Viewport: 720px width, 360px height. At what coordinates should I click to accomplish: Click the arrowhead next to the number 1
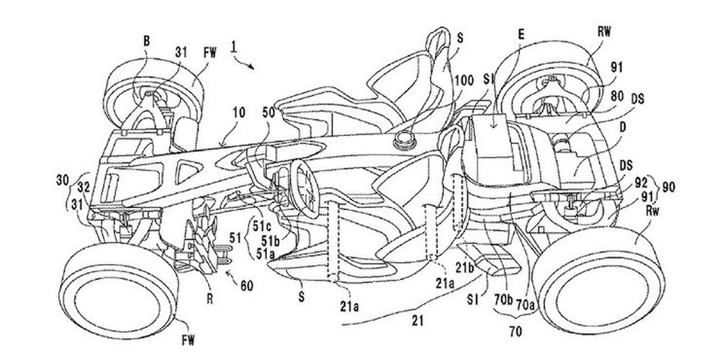[252, 66]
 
